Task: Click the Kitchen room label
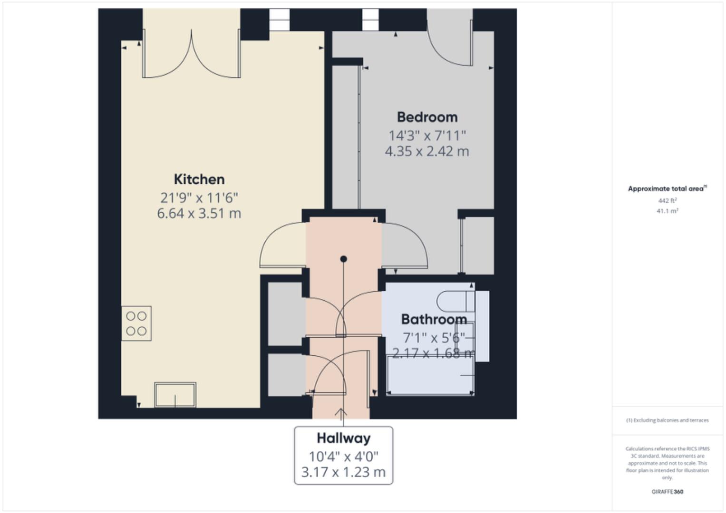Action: point(199,180)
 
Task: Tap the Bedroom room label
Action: point(427,117)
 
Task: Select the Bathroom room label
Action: point(434,319)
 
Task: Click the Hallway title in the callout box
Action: point(343,438)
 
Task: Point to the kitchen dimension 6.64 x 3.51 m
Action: point(199,213)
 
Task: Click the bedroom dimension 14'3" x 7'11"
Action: point(427,136)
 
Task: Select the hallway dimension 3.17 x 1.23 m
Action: point(343,472)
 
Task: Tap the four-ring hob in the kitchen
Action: point(136,323)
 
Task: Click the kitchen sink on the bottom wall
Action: point(175,395)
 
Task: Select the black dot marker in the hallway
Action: point(343,259)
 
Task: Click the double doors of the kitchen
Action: point(191,57)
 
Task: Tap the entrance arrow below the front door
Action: point(341,414)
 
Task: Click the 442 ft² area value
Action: point(667,201)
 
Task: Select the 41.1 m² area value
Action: point(667,211)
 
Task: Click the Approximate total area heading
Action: point(667,189)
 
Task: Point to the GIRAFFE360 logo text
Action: point(667,492)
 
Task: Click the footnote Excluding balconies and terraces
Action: point(667,420)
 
